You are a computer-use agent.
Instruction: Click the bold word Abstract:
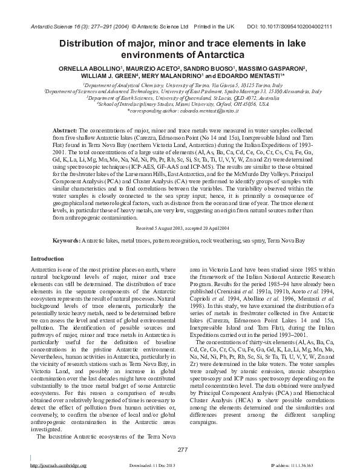(x=65, y=131)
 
